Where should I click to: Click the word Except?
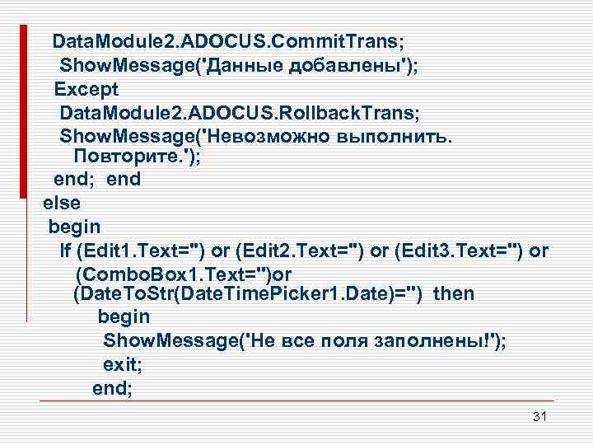coord(86,88)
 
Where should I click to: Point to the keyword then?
coord(453,293)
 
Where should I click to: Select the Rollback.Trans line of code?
coord(235,111)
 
